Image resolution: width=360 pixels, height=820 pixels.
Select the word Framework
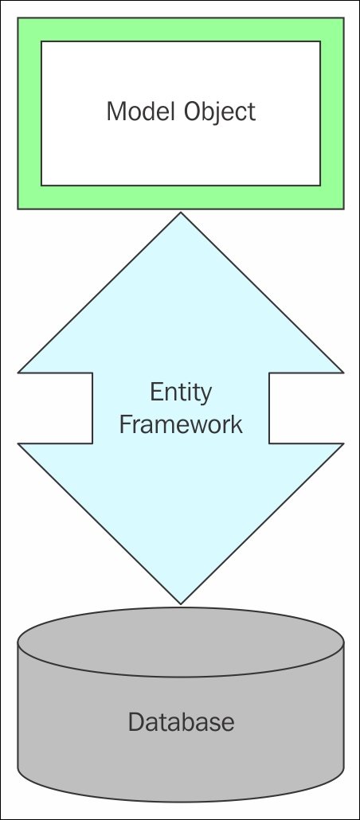(x=181, y=424)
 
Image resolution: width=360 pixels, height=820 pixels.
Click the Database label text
(x=181, y=722)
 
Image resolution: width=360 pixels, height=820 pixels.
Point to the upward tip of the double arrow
(x=181, y=213)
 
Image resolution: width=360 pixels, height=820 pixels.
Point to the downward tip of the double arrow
(x=181, y=604)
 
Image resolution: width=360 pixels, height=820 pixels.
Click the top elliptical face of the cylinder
(x=181, y=642)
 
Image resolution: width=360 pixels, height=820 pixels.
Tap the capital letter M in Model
(x=116, y=111)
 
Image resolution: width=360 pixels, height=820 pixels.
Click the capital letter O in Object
(x=193, y=111)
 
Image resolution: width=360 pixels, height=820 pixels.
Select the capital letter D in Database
(x=136, y=722)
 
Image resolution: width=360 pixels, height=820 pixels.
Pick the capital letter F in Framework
(x=126, y=424)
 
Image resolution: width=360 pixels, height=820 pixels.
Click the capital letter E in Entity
(x=157, y=392)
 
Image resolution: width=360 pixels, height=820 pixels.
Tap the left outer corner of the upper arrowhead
(x=18, y=373)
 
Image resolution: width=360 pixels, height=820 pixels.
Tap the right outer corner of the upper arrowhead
(x=343, y=373)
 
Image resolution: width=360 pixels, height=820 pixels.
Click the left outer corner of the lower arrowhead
(x=18, y=443)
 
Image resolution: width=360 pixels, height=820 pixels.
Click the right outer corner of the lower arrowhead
(x=343, y=443)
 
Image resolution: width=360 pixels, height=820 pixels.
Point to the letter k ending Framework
(x=237, y=424)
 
